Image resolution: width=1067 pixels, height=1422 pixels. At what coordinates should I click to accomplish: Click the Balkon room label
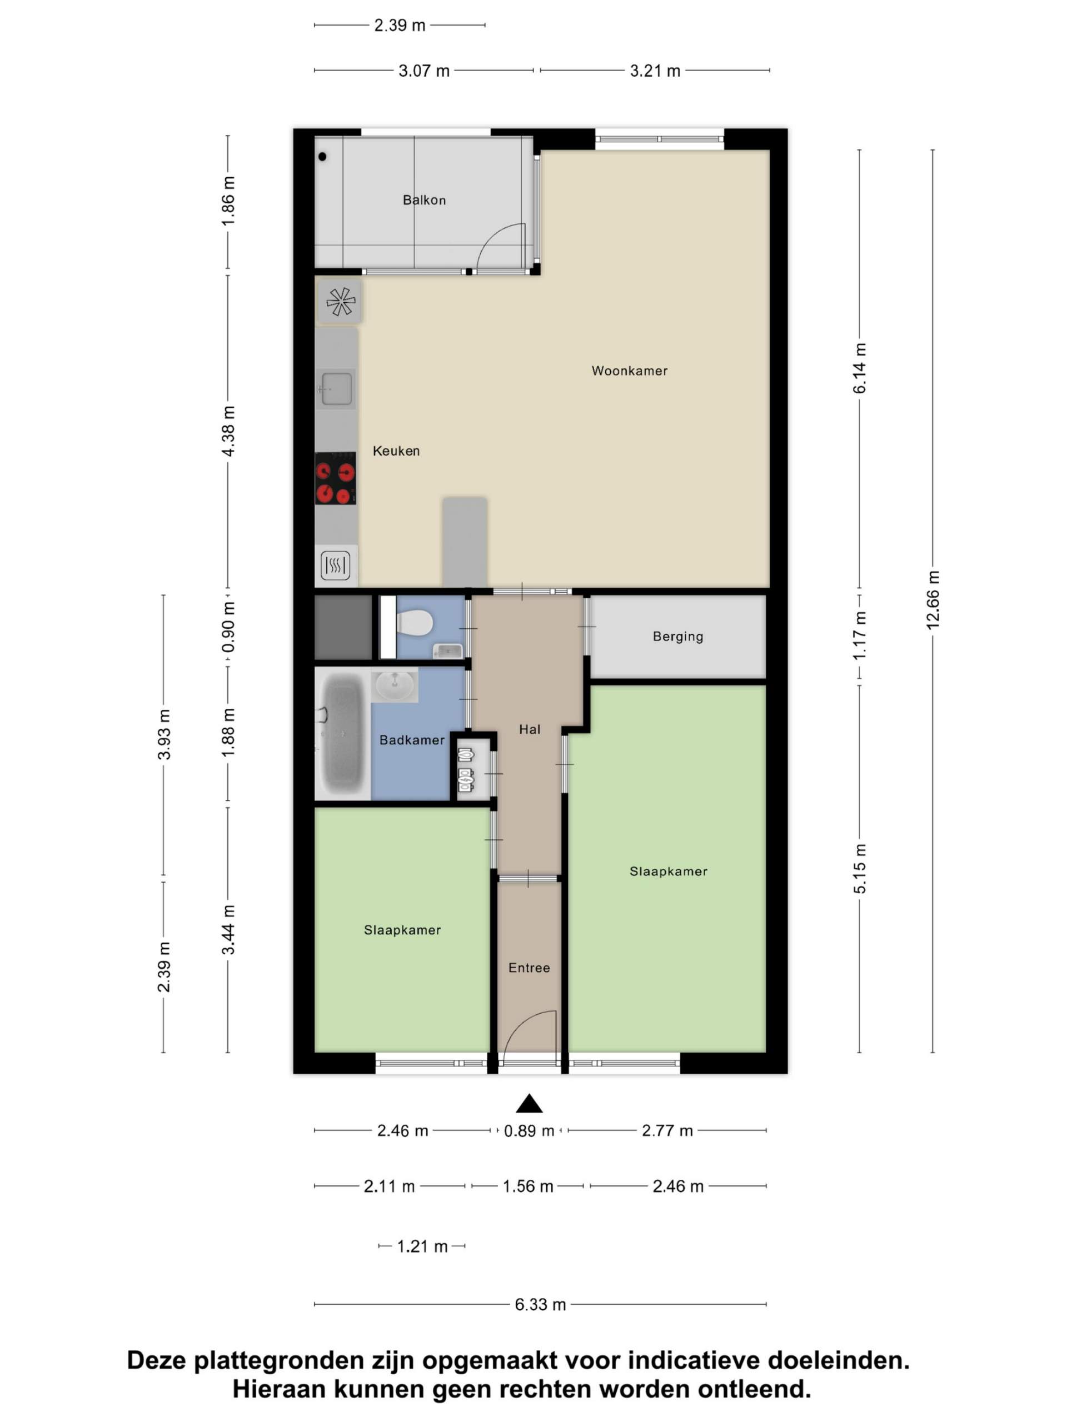point(424,200)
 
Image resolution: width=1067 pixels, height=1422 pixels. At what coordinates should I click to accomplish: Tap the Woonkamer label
point(629,370)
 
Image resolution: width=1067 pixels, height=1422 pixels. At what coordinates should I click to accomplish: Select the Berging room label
point(678,637)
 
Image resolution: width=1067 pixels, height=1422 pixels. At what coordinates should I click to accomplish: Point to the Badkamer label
point(412,740)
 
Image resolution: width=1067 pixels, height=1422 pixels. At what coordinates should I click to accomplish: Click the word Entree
point(528,968)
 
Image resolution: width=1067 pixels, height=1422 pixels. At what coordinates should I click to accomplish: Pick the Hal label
point(529,729)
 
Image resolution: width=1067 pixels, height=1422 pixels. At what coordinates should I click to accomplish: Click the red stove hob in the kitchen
point(335,478)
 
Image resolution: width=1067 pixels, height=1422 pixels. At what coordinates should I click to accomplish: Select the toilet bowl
point(414,622)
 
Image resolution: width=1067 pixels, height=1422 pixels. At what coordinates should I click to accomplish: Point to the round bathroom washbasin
point(394,685)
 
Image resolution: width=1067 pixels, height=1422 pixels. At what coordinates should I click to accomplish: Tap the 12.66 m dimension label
point(933,600)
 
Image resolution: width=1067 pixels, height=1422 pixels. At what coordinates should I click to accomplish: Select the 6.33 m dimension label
point(540,1304)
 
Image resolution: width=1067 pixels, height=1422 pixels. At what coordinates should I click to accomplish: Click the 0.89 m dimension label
point(528,1149)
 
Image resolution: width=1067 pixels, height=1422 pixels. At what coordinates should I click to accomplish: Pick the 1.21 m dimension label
point(422,1246)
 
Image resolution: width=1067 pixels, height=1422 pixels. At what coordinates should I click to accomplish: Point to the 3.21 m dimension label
point(655,71)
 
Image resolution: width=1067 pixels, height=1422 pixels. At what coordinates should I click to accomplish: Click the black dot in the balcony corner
point(322,156)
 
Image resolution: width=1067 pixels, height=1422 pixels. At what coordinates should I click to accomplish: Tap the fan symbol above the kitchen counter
point(340,301)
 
